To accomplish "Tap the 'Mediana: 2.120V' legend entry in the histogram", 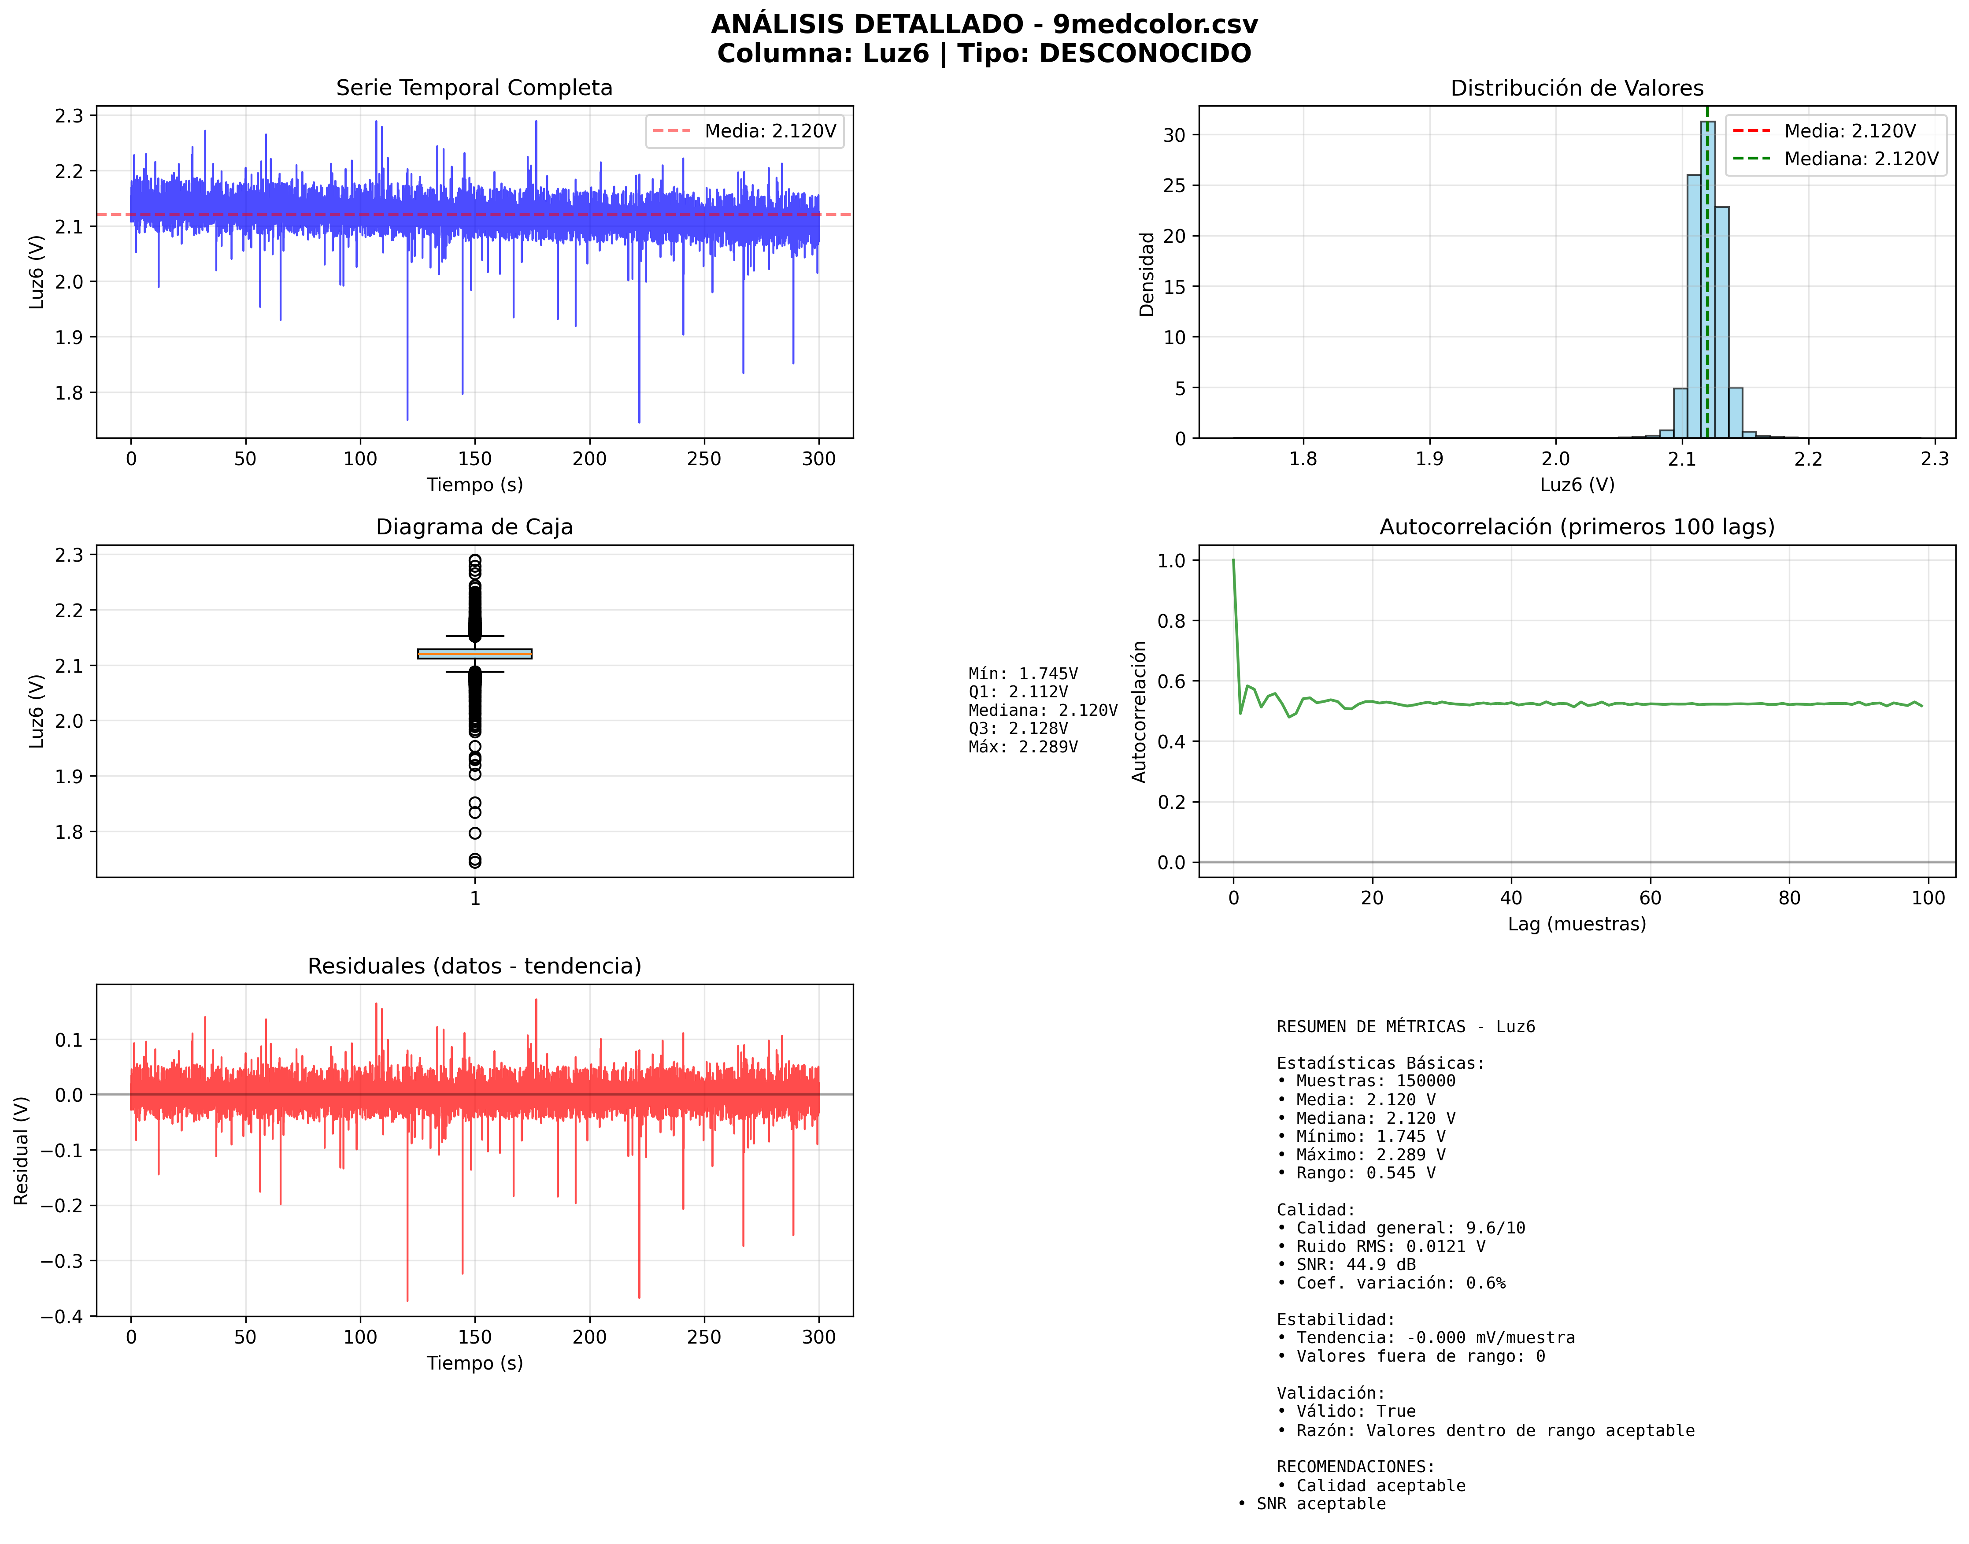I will [1861, 159].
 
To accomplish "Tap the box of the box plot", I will [474, 654].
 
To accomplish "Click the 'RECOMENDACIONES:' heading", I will [1355, 1466].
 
